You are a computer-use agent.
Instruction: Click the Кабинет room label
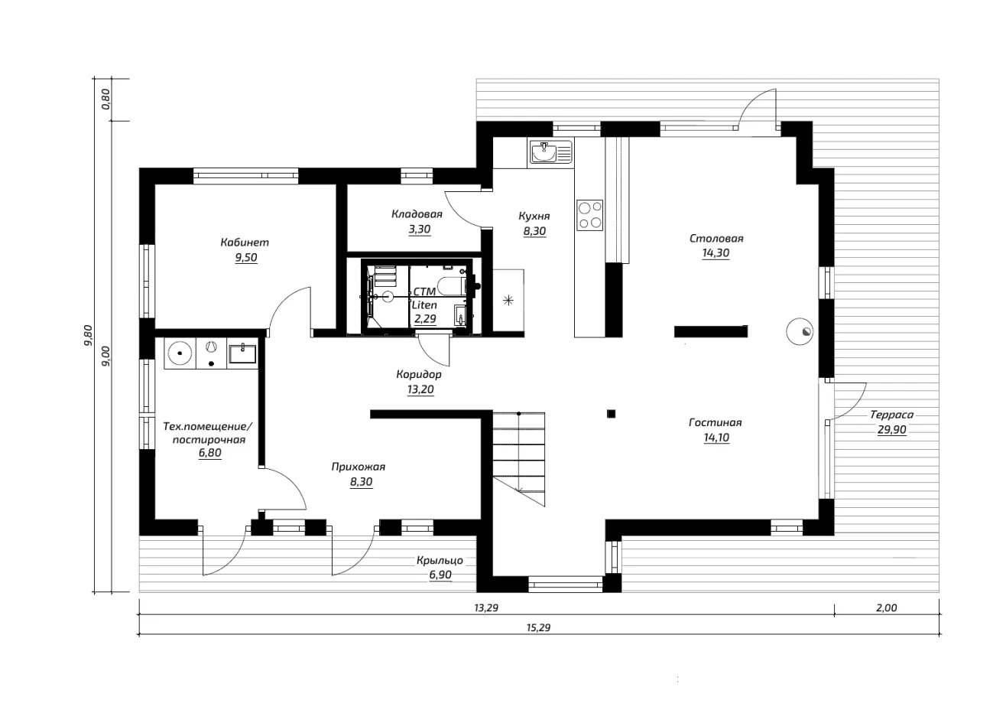click(245, 243)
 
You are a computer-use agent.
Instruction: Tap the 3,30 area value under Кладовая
click(420, 230)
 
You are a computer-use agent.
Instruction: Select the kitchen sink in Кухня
click(551, 152)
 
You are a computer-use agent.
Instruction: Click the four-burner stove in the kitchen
click(589, 215)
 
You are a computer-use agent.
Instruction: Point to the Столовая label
click(716, 238)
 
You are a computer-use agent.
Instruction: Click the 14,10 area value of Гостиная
click(716, 438)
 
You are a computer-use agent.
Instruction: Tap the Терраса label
click(891, 415)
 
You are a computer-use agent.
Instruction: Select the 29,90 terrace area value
click(892, 430)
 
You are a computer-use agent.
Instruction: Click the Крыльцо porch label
click(440, 561)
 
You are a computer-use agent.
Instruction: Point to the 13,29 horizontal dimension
click(486, 607)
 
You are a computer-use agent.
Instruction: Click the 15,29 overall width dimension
click(538, 627)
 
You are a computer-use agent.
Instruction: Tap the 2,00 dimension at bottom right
click(887, 607)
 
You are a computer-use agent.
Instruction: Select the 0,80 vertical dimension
click(106, 99)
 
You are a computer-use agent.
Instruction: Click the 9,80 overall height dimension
click(88, 335)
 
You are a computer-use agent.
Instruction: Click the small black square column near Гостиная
click(612, 414)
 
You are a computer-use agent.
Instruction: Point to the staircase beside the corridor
click(519, 459)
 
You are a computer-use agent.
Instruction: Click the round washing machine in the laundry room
click(180, 353)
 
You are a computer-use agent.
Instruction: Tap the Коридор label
click(419, 374)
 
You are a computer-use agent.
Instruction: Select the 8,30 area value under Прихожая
click(361, 482)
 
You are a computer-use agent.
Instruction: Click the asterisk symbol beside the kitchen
click(508, 300)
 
